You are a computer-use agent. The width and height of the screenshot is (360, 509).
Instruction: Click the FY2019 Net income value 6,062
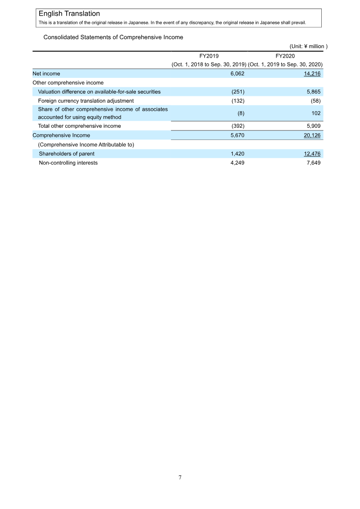237,73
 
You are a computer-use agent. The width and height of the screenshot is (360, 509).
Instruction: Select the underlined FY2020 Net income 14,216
311,73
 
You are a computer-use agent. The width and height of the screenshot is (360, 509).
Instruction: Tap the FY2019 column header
209,56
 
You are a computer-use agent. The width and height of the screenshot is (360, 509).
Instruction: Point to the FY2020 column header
285,56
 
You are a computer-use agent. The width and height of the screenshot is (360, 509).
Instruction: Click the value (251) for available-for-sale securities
237,92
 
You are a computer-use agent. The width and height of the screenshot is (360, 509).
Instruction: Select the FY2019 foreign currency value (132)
237,101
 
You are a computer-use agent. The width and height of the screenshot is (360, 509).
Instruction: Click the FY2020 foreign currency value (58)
315,101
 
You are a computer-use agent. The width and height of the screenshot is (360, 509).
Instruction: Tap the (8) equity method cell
241,113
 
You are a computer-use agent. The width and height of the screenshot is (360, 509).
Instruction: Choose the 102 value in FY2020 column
316,113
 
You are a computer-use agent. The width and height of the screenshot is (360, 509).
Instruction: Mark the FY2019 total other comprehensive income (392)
237,126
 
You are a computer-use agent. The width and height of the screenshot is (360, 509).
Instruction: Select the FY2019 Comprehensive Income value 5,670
237,135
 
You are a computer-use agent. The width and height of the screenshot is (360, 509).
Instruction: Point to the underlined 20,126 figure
311,135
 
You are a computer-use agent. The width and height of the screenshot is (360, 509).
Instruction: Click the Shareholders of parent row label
67,154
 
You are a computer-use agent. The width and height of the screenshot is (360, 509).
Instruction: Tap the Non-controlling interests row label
68,163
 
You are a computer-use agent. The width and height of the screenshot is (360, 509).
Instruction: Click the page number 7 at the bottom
180,477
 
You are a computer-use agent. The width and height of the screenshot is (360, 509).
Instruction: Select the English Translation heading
69,14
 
